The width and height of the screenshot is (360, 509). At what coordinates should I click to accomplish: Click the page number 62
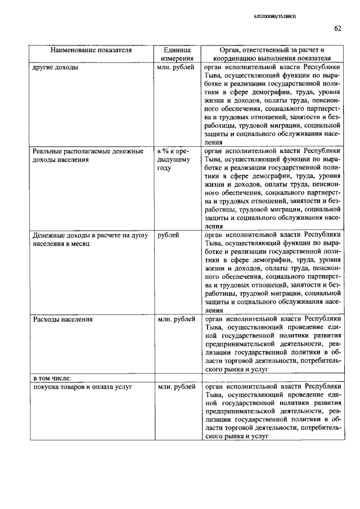point(337,29)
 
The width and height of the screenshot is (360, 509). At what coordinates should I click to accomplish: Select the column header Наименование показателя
point(91,49)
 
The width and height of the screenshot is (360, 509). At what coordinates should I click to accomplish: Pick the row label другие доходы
point(56,66)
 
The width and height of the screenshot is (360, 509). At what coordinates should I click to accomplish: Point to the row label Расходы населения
point(62,319)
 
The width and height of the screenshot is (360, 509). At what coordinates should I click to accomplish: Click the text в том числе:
point(51,377)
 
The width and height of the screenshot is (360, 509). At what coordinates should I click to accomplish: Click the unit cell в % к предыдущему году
point(175,159)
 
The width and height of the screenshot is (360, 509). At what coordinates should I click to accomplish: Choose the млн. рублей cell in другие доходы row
point(177,66)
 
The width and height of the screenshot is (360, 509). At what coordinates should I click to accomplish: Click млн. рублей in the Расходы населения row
point(177,319)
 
